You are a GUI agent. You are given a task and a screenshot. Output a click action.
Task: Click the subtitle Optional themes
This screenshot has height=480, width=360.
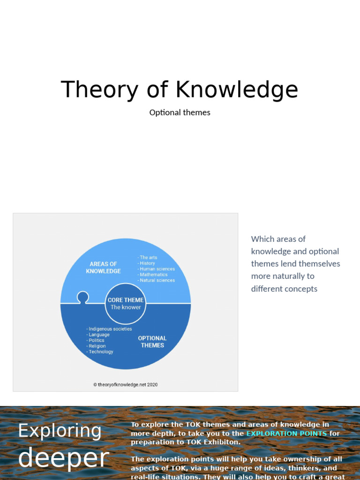click(x=180, y=112)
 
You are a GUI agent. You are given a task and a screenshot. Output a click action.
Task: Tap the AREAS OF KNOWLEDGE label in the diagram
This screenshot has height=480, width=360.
click(x=103, y=268)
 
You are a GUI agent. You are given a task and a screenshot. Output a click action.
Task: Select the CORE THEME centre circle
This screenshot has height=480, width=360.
click(x=125, y=303)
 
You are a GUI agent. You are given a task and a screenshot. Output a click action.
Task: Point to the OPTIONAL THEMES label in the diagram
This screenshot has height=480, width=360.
click(x=152, y=342)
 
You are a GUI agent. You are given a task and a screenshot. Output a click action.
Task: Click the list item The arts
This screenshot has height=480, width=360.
click(x=148, y=257)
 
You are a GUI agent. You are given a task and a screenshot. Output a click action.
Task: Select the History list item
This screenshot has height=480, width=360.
click(x=147, y=263)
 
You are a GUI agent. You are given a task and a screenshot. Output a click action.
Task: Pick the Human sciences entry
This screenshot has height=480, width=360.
click(x=157, y=269)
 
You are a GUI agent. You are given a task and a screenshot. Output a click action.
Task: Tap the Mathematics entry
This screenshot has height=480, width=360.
click(x=153, y=275)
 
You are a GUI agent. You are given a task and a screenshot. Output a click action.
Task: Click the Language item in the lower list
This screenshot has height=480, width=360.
click(x=99, y=335)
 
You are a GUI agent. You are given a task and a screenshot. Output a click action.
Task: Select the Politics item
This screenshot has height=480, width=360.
click(x=97, y=340)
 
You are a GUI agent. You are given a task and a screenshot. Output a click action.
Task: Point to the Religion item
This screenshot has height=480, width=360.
click(x=97, y=346)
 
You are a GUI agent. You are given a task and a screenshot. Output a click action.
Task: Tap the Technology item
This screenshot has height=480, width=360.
click(x=101, y=352)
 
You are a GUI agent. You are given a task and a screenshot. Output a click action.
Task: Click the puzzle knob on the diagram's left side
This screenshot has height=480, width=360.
click(x=83, y=297)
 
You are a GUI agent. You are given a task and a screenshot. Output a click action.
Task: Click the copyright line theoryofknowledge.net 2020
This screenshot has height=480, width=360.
click(x=125, y=385)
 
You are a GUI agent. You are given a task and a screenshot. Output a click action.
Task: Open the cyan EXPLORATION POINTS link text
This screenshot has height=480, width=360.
click(x=286, y=434)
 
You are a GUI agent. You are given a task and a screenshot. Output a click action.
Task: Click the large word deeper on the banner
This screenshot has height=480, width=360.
click(x=63, y=458)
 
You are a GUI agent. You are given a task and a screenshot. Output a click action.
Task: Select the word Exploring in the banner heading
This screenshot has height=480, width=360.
click(x=60, y=431)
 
